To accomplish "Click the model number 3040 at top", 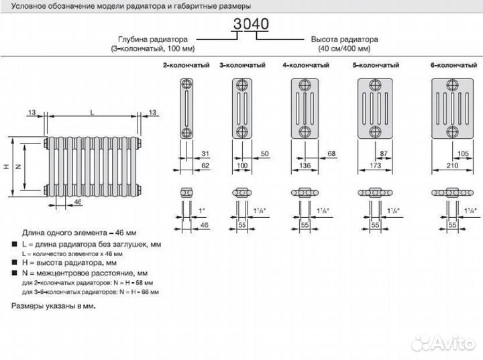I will pyautogui.click(x=251, y=24).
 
